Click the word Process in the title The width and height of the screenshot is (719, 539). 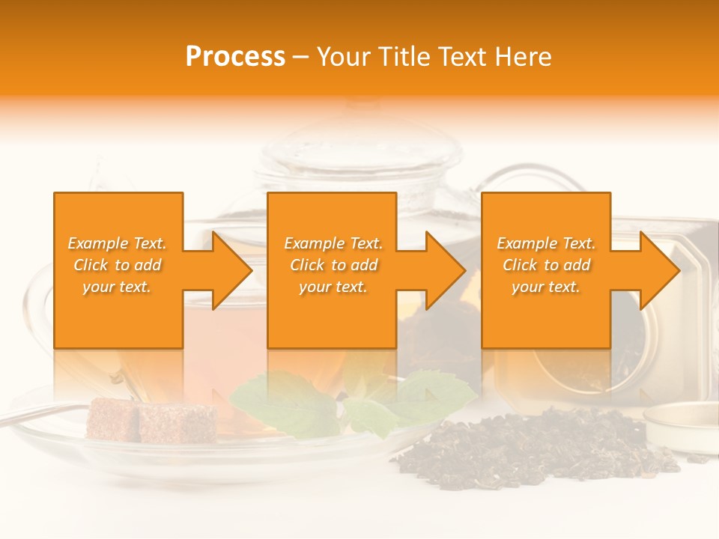click(x=235, y=57)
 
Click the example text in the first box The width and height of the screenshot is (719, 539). click(x=118, y=265)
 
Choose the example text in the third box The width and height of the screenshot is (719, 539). click(x=546, y=265)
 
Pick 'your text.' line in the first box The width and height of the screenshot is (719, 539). click(x=118, y=287)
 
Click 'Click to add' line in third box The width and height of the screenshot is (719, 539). click(x=546, y=265)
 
